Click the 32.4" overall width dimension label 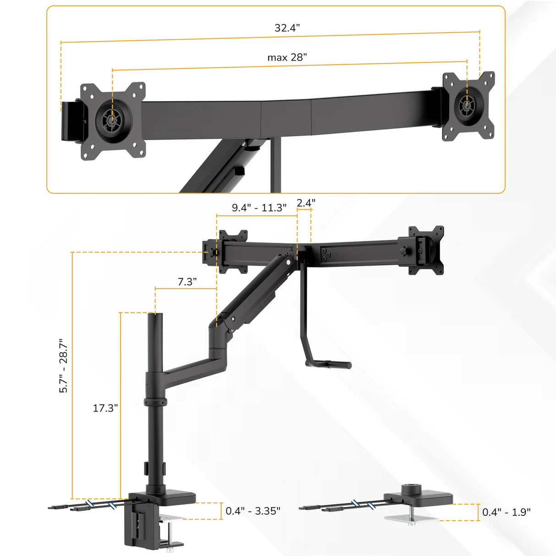(x=287, y=28)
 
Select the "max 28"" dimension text (x=287, y=58)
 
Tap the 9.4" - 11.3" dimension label (x=259, y=208)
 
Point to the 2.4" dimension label (x=305, y=203)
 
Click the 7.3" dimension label (x=187, y=282)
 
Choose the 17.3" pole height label (x=105, y=408)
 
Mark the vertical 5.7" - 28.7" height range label (x=63, y=366)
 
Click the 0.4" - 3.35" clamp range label (x=253, y=511)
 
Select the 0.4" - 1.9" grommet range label (x=506, y=512)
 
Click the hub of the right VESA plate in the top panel (x=467, y=106)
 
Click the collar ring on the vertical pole (x=155, y=402)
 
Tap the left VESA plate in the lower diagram (x=233, y=251)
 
